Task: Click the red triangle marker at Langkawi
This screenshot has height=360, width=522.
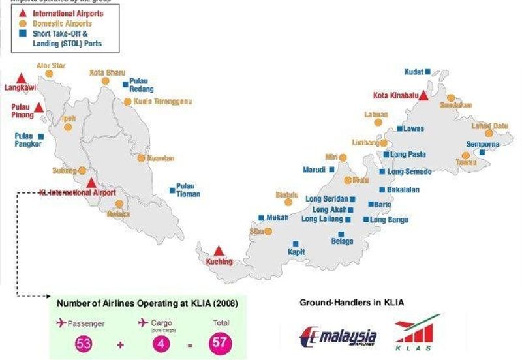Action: click(x=22, y=78)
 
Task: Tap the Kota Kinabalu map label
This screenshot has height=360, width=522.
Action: click(x=393, y=95)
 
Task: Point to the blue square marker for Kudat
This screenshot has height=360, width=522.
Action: click(x=428, y=72)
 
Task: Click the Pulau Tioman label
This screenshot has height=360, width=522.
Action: click(x=188, y=190)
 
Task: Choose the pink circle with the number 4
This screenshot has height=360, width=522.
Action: click(x=159, y=342)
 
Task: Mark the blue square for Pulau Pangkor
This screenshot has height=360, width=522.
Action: click(x=40, y=136)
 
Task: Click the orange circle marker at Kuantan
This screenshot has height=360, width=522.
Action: click(x=141, y=158)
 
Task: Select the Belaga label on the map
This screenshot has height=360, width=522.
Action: click(x=342, y=241)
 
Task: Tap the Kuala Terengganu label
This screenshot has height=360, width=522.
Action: click(x=162, y=102)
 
